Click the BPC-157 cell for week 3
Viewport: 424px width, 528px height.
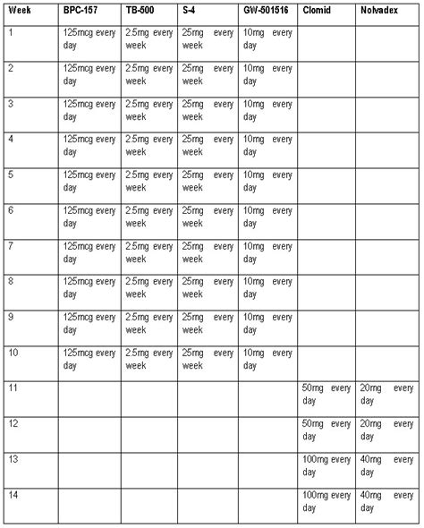pyautogui.click(x=90, y=110)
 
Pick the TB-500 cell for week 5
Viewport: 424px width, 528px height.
pyautogui.click(x=149, y=181)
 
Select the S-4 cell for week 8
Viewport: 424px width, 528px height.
pyautogui.click(x=208, y=287)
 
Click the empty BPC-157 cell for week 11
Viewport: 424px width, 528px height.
pyautogui.click(x=90, y=397)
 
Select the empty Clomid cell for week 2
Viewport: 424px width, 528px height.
pyautogui.click(x=326, y=75)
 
